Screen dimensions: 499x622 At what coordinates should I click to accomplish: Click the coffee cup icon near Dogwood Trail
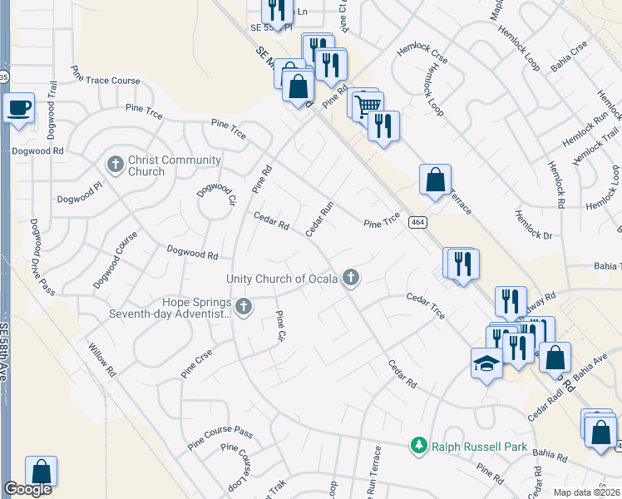pos(18,107)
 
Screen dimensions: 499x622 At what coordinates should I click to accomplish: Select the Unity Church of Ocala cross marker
pos(352,279)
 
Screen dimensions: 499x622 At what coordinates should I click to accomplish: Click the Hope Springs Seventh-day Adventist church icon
pos(244,308)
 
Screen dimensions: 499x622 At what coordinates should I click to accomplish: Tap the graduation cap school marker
pos(486,363)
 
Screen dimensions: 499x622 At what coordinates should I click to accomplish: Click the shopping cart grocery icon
pos(367,104)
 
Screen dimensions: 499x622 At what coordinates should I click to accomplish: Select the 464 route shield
pos(417,222)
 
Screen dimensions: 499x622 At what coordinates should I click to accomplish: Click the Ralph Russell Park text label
pos(479,447)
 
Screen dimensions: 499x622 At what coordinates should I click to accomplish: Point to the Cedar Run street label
pos(319,218)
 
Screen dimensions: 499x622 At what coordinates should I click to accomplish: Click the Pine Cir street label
pos(280,326)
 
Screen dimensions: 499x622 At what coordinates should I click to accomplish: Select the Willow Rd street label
pos(99,359)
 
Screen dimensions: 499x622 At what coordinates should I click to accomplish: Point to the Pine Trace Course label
pos(105,75)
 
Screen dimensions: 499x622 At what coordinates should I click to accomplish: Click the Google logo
pos(27,489)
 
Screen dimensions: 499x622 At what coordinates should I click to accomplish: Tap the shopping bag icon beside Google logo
pos(41,471)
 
